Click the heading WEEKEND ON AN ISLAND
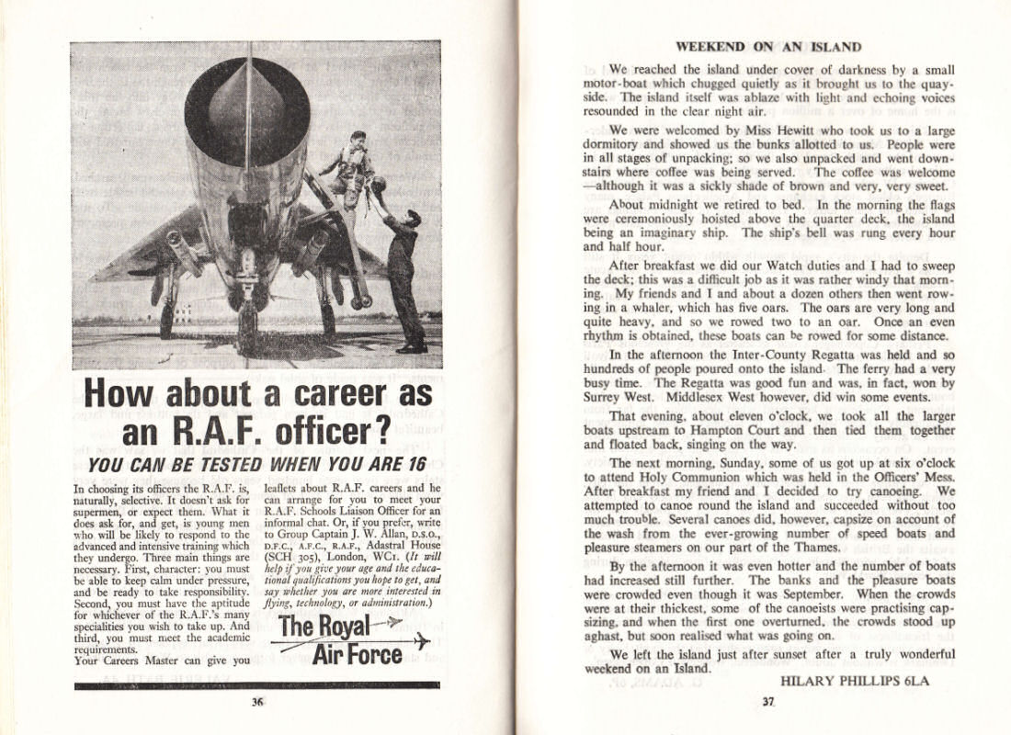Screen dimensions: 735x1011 (768, 47)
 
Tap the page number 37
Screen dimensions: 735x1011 (768, 703)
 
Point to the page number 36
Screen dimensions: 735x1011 (257, 703)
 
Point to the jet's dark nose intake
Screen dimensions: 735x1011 (246, 110)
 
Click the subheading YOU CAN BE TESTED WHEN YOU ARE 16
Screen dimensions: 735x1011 (256, 464)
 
